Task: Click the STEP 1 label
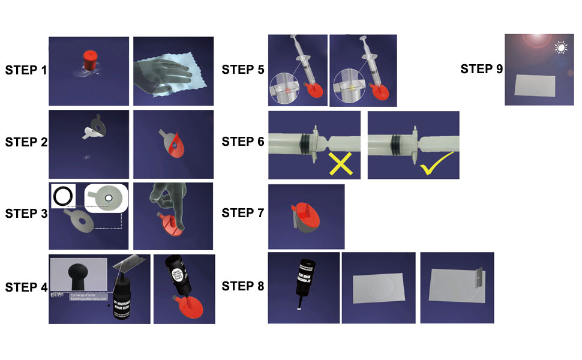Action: coord(26,70)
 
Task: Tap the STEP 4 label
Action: coord(26,287)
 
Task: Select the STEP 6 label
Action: coord(242,142)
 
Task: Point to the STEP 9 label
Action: coord(481,69)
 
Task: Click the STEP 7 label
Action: coord(242,213)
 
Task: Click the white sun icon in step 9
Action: coord(562,47)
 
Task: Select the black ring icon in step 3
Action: coord(64,196)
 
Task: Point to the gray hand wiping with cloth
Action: coord(169,73)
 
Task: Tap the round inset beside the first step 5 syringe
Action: coord(286,89)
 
